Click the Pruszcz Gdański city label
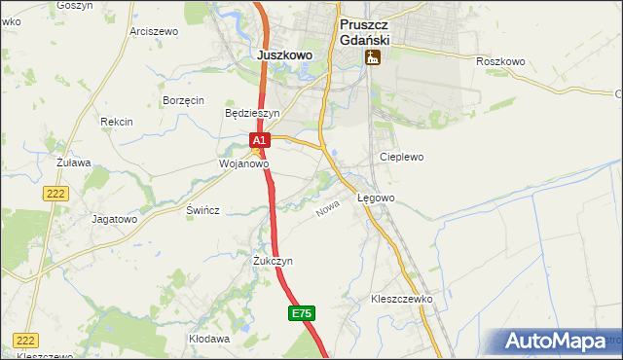(364, 33)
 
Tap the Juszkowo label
(284, 55)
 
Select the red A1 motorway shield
(258, 141)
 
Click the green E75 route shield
(302, 313)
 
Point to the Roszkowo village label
(500, 61)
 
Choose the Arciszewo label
(154, 31)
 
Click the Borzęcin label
(183, 100)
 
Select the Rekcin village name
(116, 122)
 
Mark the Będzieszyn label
(252, 113)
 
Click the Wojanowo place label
(242, 164)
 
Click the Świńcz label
(202, 210)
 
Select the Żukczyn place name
(273, 261)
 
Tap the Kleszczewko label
(401, 299)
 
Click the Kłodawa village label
(209, 339)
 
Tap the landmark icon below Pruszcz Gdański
(372, 58)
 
